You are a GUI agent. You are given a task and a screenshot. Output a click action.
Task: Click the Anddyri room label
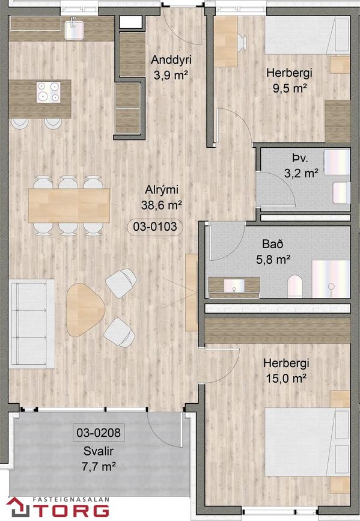click(171, 60)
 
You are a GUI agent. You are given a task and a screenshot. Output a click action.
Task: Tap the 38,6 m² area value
click(161, 205)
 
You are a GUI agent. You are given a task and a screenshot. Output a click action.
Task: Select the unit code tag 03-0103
click(155, 227)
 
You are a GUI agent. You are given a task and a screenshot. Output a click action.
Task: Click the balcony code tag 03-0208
click(99, 433)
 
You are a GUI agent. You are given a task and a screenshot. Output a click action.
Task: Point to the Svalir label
click(99, 451)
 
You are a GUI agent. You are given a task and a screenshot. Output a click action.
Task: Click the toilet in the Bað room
click(295, 285)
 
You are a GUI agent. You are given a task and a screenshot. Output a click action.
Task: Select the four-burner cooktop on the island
click(49, 92)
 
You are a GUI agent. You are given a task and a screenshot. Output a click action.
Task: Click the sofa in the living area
click(32, 324)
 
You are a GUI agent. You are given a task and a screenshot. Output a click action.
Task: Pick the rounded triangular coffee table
click(85, 310)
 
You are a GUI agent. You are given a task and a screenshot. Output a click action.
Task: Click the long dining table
click(69, 206)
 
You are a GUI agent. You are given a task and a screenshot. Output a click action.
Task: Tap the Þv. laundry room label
click(300, 158)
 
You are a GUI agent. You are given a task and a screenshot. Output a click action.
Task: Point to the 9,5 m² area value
click(289, 88)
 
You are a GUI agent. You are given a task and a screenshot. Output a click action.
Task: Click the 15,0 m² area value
click(286, 378)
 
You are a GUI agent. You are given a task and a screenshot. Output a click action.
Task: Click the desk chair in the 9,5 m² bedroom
click(242, 43)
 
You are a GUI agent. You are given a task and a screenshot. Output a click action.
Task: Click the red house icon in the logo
click(19, 507)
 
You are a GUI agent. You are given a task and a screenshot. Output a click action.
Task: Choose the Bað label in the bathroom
click(273, 244)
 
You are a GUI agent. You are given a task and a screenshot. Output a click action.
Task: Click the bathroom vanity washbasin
click(234, 285)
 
